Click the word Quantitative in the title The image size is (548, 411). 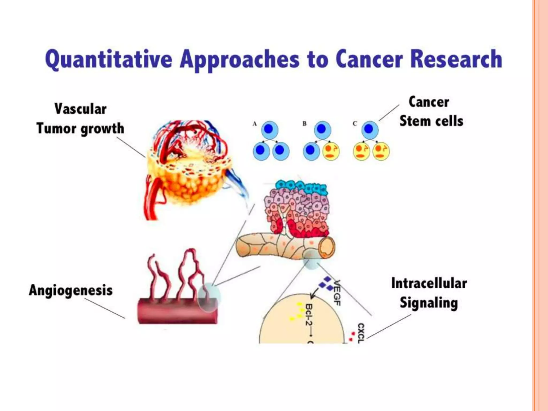108,59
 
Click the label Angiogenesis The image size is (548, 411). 71,291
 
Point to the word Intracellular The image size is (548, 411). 429,283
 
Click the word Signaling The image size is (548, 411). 429,303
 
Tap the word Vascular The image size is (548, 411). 80,109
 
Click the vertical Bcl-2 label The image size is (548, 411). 309,315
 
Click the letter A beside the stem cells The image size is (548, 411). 254,124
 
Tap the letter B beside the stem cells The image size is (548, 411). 305,124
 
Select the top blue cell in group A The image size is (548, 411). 269,130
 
